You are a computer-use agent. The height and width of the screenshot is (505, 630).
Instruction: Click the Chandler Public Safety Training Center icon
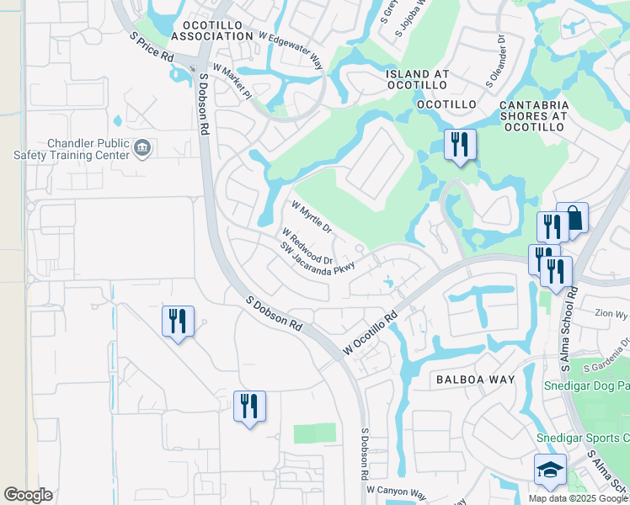tap(142, 149)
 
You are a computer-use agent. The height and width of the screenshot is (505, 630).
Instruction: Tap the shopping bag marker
tap(572, 218)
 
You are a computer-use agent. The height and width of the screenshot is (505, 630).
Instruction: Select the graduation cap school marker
tap(549, 470)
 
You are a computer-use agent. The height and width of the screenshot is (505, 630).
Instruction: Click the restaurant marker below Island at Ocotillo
tap(460, 144)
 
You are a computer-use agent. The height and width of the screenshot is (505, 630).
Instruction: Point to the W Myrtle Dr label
tap(312, 217)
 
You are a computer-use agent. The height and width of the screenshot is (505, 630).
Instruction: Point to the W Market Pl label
tap(232, 82)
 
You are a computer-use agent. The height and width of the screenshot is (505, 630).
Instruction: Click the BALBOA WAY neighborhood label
tap(475, 380)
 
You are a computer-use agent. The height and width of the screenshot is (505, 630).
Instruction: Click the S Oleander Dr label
tap(495, 61)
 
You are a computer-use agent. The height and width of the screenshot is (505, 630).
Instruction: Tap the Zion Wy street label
tap(611, 314)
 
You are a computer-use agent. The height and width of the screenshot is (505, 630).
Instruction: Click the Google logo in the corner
tap(28, 495)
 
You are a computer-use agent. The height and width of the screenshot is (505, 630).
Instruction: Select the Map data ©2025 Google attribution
tap(578, 498)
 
